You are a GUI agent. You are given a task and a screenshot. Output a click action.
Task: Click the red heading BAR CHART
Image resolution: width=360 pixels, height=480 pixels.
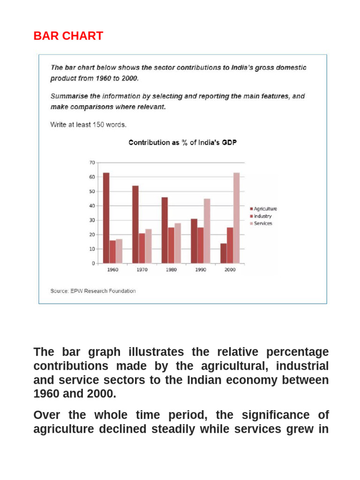(x=68, y=36)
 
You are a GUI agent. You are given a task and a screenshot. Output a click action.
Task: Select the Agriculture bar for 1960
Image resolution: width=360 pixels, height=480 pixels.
(x=106, y=218)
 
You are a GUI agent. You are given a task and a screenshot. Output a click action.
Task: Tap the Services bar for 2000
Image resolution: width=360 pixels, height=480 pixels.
(x=236, y=218)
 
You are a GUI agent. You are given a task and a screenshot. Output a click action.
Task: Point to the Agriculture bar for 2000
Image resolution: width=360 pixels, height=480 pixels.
(x=223, y=253)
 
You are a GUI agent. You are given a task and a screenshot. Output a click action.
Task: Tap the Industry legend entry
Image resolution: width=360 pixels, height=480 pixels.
(x=262, y=216)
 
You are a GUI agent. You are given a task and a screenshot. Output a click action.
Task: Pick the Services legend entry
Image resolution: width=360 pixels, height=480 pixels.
(x=262, y=224)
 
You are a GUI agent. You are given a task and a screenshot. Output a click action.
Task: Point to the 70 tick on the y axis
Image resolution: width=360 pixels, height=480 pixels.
(x=91, y=163)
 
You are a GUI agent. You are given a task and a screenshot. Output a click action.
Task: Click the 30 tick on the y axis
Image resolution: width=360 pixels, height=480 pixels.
(x=91, y=220)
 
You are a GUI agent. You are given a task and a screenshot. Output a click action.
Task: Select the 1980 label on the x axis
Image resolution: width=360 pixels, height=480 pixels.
(x=171, y=270)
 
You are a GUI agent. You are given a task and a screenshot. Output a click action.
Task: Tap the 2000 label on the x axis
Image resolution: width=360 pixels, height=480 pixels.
(x=230, y=270)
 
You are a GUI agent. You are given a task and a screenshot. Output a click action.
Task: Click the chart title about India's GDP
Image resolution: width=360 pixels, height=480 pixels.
(x=182, y=142)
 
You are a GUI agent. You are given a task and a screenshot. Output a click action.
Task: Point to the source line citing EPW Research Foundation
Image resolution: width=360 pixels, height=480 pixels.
(x=93, y=291)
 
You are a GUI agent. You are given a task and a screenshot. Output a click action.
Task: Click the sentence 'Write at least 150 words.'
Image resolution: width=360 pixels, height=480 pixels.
(x=88, y=125)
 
